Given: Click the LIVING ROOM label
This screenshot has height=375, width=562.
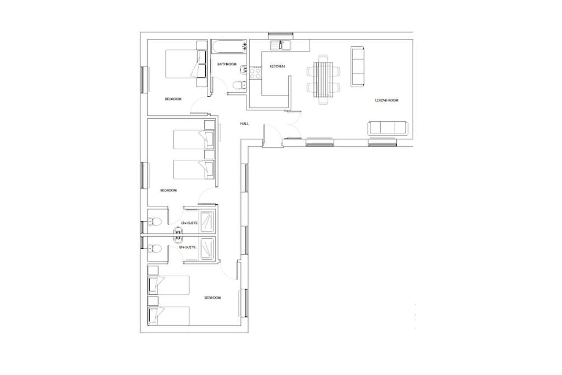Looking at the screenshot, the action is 386,100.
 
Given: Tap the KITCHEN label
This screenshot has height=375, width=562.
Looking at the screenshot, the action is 277,66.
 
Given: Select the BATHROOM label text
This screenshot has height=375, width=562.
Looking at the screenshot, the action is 227,64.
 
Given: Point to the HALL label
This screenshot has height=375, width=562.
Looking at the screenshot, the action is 244,124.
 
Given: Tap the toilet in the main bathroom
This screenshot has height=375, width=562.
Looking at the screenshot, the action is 238,85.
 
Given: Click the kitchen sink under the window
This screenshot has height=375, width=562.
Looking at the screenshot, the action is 280,46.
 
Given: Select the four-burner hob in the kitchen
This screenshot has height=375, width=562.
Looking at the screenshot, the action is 256,73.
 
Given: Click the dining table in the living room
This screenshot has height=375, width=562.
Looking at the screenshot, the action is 323,80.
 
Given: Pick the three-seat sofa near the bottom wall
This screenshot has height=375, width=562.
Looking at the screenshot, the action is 388,128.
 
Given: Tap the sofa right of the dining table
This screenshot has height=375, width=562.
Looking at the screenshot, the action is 358,66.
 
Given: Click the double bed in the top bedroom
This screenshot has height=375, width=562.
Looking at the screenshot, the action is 186,64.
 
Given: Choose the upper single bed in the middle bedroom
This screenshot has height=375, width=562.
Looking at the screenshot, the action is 194,139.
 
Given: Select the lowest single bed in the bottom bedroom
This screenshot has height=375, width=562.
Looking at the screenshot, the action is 168,316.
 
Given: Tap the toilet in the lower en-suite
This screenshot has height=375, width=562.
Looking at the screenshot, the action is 154,249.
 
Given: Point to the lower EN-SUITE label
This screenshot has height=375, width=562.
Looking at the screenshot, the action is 188,248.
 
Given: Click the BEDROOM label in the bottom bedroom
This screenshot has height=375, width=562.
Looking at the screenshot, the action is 212,298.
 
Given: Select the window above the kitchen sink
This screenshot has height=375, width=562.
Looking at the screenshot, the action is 282,35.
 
